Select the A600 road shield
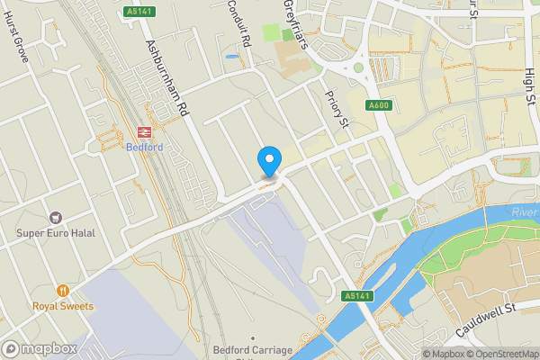point(379,105)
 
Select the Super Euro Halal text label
point(57,233)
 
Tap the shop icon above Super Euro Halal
point(56,217)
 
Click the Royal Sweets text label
point(62,305)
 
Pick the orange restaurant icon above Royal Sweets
point(62,290)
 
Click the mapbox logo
point(39,348)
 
